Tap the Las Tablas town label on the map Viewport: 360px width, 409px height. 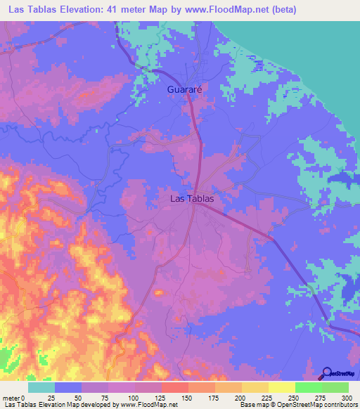click(x=192, y=199)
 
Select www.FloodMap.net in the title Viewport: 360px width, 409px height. click(x=222, y=9)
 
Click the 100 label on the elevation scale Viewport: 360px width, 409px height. click(x=134, y=398)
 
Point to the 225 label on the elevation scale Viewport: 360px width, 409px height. click(x=269, y=398)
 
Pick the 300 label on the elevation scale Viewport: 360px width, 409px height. click(x=348, y=398)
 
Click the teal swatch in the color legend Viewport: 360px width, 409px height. click(x=41, y=387)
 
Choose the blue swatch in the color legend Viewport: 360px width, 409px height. click(x=68, y=387)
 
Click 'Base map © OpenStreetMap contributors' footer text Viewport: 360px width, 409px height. click(x=297, y=405)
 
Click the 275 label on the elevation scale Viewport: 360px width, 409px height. click(x=322, y=398)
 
